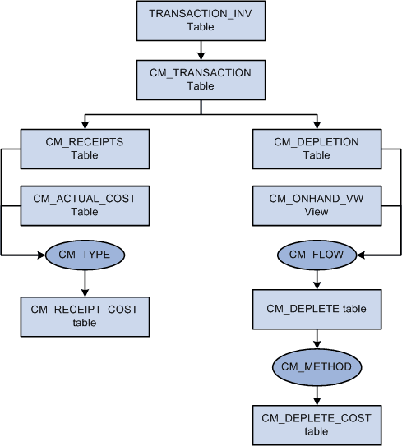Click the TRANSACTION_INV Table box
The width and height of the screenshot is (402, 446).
coord(200,21)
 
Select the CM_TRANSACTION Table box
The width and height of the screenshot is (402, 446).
coord(200,79)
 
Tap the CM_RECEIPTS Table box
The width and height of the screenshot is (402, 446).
coord(85,148)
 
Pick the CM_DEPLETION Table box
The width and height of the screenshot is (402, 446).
coord(317,148)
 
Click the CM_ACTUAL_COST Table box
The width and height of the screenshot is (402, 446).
coord(85,205)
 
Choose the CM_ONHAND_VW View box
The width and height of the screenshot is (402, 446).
coord(317,205)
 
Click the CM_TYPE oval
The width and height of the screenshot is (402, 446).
coord(84,255)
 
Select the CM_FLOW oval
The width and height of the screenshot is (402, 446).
coord(317,255)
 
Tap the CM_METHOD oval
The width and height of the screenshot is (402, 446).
coord(317,366)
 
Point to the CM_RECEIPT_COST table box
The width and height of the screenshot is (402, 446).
coord(85,315)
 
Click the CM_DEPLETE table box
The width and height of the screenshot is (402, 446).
coord(317,309)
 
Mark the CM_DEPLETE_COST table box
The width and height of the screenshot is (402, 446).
coord(317,424)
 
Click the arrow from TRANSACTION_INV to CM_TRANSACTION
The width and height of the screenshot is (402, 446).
coord(200,50)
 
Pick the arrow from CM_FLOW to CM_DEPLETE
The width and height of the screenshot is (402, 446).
coord(317,278)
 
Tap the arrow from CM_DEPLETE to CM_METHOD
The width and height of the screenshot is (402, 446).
coord(317,338)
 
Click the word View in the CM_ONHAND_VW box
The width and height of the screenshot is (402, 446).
coord(317,212)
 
